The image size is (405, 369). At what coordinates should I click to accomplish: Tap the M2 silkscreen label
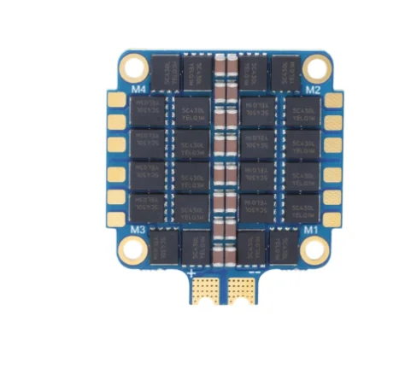click(314, 89)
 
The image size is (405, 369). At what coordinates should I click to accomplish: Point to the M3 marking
click(138, 230)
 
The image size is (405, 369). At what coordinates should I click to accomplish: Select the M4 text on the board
click(138, 87)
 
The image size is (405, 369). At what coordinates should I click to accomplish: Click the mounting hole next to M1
click(317, 249)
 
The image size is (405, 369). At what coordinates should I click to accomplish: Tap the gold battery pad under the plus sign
click(206, 290)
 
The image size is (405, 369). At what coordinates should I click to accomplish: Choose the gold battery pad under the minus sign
click(244, 290)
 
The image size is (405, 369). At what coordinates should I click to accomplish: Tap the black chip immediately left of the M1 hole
click(285, 245)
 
